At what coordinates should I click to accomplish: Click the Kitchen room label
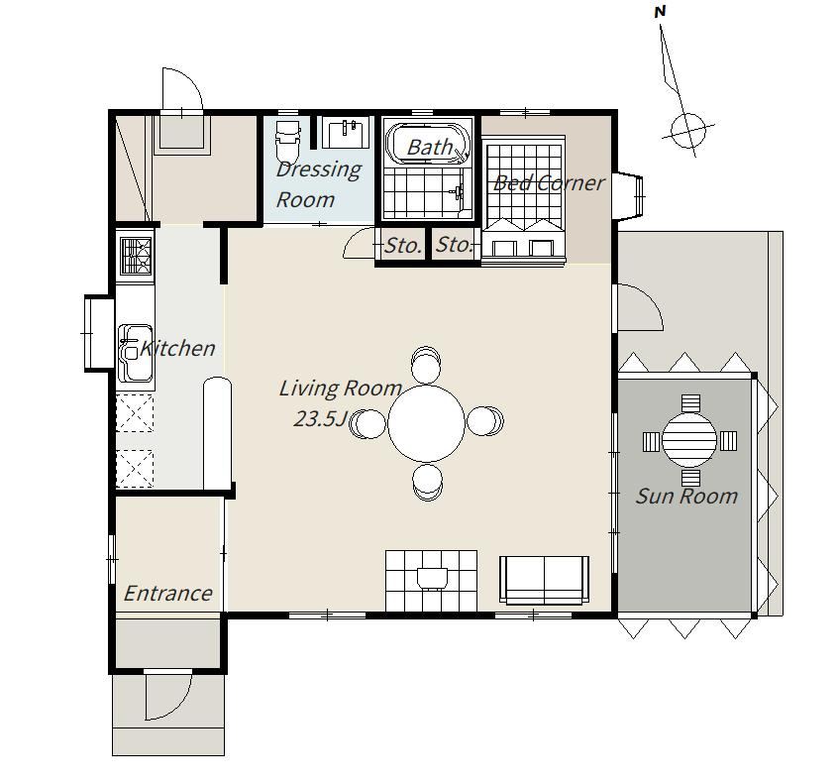tap(177, 348)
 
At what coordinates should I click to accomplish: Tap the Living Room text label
tap(341, 388)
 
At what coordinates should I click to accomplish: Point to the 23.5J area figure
tap(321, 418)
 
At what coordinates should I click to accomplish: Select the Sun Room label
tap(686, 497)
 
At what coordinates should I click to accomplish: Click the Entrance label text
tap(168, 593)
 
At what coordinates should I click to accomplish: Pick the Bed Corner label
tap(549, 183)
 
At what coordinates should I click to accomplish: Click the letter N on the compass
tap(660, 12)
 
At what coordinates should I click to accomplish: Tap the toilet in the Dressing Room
tap(287, 141)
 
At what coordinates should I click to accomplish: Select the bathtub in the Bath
tap(428, 144)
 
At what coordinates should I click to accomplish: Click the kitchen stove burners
tap(136, 256)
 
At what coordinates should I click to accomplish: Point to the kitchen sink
tap(136, 353)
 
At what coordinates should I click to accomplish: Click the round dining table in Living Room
tap(427, 423)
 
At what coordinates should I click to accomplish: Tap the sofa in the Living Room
tap(545, 580)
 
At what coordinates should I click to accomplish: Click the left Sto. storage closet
tap(402, 245)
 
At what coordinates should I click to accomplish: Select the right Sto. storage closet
tap(455, 245)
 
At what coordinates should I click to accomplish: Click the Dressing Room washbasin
tap(346, 133)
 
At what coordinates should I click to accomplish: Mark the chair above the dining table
tap(426, 365)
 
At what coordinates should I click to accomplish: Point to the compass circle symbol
tap(687, 130)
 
